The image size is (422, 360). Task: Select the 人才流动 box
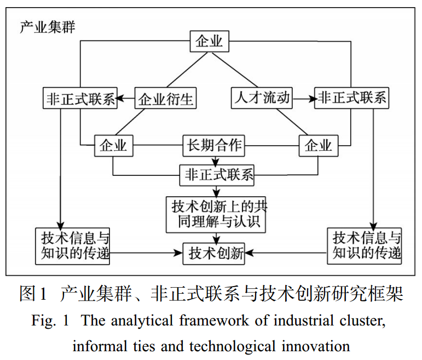pyautogui.click(x=261, y=99)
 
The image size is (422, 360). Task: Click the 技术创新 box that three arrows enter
pyautogui.click(x=213, y=254)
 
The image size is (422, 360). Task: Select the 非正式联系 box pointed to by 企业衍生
pyautogui.click(x=79, y=99)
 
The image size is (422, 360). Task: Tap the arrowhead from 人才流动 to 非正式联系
pyautogui.click(x=311, y=99)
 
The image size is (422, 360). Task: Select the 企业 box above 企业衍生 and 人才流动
pyautogui.click(x=210, y=42)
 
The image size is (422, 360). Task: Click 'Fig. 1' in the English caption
pyautogui.click(x=50, y=322)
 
